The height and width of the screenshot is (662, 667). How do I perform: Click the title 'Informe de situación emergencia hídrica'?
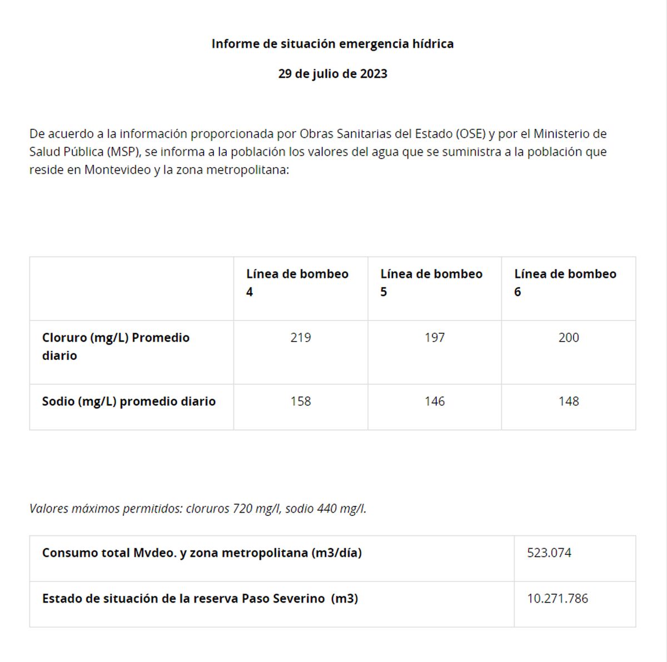click(332, 44)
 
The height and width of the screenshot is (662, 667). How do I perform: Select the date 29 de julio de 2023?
click(332, 74)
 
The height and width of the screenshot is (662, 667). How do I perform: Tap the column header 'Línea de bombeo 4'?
click(297, 283)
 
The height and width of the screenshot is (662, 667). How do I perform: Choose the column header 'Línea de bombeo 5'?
click(431, 283)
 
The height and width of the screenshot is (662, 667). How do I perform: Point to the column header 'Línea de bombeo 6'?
click(565, 283)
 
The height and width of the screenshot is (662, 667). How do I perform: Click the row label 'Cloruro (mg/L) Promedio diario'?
click(116, 347)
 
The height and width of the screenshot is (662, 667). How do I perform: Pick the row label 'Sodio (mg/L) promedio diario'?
click(129, 402)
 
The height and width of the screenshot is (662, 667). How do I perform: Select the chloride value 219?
click(301, 338)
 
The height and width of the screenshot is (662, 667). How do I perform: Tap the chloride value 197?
click(435, 338)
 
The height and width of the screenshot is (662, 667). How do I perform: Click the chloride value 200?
click(569, 338)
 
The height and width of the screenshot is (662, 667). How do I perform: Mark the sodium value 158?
click(301, 402)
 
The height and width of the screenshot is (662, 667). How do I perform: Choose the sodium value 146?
click(435, 402)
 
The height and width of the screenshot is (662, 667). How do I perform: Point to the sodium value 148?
click(569, 402)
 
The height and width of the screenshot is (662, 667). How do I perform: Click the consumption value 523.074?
click(549, 553)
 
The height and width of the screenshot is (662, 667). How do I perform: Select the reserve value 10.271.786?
click(558, 599)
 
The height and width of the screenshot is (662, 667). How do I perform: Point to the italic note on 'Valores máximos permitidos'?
click(198, 509)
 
